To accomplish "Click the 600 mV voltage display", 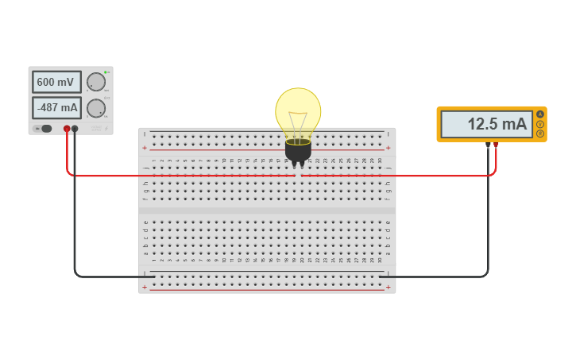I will (x=56, y=82).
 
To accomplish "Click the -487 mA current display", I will (x=56, y=107).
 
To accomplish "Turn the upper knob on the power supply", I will (x=95, y=82).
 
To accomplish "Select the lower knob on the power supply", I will (x=95, y=108).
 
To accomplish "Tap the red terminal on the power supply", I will (x=67, y=129).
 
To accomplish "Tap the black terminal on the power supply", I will (x=75, y=129).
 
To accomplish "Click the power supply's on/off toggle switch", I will (x=44, y=129).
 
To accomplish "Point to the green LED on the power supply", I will (x=106, y=72).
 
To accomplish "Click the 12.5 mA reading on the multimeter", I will (x=487, y=124).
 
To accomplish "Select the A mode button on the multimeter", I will (x=540, y=114).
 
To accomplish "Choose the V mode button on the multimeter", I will (x=540, y=124).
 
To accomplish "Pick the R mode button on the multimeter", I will (x=540, y=134).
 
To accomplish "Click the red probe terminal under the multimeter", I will (x=497, y=145).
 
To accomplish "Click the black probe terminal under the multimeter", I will (x=488, y=145).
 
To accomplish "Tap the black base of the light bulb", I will (x=298, y=150).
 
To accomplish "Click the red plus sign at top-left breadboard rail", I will (x=145, y=148).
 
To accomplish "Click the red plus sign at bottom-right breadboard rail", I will (x=388, y=287).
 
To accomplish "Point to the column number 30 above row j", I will (x=380, y=161).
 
